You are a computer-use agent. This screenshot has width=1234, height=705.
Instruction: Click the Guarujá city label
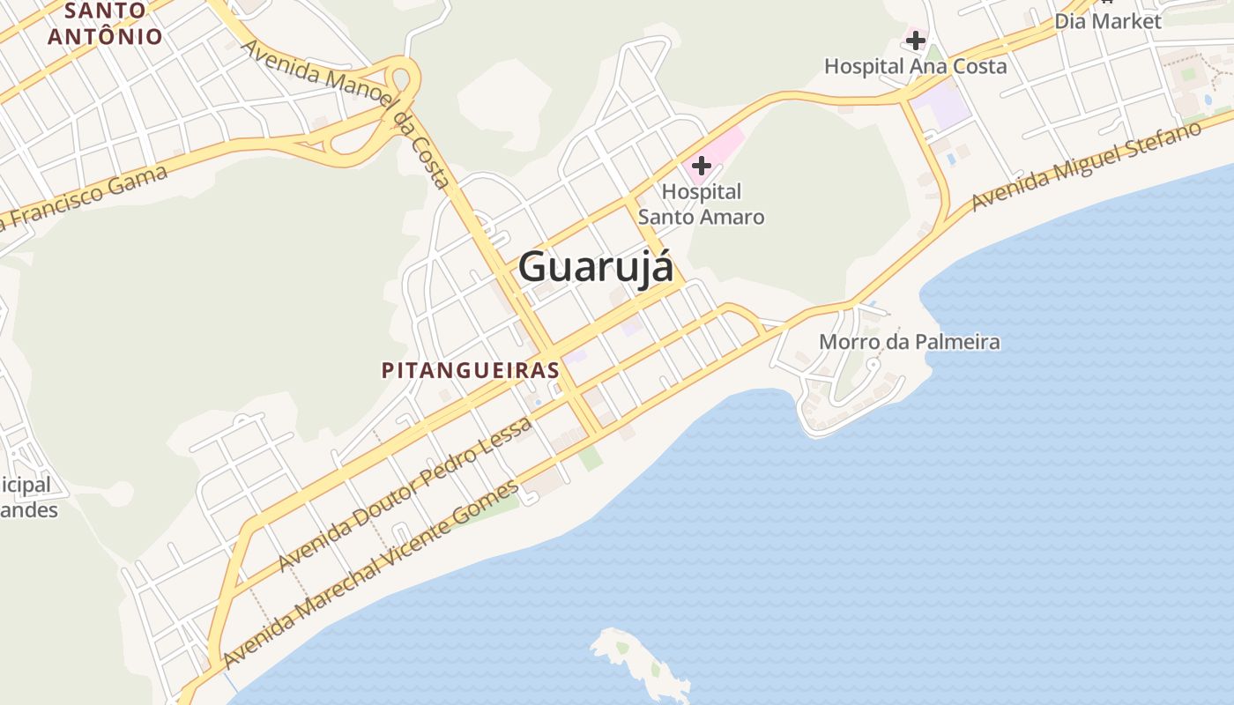pyautogui.click(x=596, y=266)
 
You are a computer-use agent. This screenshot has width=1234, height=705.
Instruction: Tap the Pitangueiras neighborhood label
pyautogui.click(x=471, y=370)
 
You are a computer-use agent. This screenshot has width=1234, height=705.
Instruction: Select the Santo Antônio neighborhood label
pyautogui.click(x=105, y=24)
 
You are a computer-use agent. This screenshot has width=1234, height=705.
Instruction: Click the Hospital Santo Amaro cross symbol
pyautogui.click(x=702, y=165)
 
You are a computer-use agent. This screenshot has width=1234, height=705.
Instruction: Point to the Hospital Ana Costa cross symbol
pyautogui.click(x=916, y=40)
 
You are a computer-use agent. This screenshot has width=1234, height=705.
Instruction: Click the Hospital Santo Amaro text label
pyautogui.click(x=702, y=204)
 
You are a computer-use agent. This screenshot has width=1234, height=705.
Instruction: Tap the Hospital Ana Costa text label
pyautogui.click(x=915, y=66)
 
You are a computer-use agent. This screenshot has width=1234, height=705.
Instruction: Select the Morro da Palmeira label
pyautogui.click(x=910, y=342)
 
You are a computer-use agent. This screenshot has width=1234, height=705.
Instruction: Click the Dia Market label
pyautogui.click(x=1108, y=21)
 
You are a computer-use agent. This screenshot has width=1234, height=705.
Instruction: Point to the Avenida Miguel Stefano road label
pyautogui.click(x=1086, y=166)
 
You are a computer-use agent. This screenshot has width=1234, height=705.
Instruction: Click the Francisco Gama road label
pyautogui.click(x=84, y=198)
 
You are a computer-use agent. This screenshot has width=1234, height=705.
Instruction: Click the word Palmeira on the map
pyautogui.click(x=956, y=342)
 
